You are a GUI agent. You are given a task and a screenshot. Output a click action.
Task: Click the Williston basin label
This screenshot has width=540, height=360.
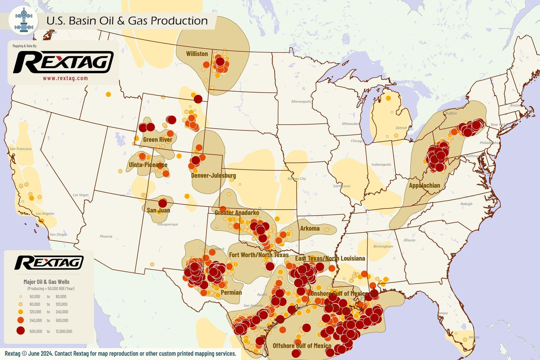coord(197,54)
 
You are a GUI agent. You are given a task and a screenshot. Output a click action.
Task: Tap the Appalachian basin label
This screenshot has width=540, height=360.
coord(424,185)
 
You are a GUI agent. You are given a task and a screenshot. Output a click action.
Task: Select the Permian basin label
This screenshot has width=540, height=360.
coord(231,292)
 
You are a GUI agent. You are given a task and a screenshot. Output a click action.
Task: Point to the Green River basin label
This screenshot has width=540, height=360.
coord(157,139)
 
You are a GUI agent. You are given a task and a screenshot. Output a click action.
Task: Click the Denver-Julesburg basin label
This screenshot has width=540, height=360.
coord(213,175)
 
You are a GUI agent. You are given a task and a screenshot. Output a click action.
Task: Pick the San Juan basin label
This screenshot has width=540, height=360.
coord(158,210)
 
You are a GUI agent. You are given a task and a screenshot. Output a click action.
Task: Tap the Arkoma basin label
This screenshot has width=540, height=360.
coord(310,228)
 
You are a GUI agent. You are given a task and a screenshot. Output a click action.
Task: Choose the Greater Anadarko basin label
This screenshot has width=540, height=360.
coord(237,212)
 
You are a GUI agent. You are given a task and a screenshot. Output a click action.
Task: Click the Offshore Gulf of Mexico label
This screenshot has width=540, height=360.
coord(302,346)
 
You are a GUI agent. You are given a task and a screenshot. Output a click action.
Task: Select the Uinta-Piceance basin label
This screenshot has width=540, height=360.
coord(148,165)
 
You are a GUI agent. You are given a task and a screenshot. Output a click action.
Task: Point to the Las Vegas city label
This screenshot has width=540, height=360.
coord(81,195)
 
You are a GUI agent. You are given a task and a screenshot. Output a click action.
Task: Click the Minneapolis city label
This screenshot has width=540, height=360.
coord(301,102)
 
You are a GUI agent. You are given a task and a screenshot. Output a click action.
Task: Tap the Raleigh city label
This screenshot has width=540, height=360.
coord(466,204)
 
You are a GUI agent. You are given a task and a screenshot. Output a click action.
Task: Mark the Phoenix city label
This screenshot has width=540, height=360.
coord(106,236)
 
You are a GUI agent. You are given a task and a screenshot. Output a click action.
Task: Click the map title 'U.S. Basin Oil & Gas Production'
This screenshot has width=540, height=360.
coord(127,21)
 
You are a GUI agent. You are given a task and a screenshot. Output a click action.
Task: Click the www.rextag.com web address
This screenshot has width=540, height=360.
coord(65,78)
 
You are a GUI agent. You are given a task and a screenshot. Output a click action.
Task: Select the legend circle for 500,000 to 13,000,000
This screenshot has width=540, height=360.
coord(21,331)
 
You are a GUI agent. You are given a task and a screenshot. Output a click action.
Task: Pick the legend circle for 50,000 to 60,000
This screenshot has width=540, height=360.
coord(21,297)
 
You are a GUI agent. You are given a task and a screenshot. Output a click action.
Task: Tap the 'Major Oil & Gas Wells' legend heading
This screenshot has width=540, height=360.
coord(46,282)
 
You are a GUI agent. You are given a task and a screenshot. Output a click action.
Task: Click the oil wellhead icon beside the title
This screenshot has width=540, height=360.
coord(24,20)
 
